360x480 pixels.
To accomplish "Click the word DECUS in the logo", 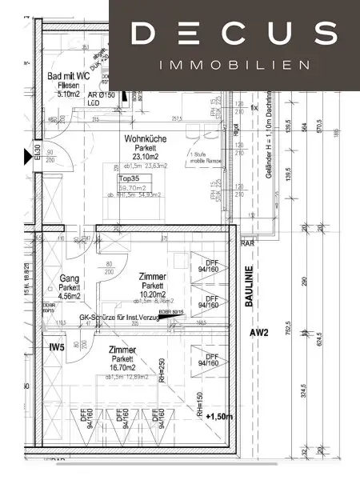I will point(233,33).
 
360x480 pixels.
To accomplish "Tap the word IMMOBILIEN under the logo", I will point(234,65).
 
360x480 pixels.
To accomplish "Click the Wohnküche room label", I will point(144,139).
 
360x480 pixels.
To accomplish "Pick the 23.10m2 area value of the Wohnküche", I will point(144,158).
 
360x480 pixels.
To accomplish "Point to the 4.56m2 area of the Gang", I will point(70,294).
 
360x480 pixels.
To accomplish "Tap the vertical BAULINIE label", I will point(249,286).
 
